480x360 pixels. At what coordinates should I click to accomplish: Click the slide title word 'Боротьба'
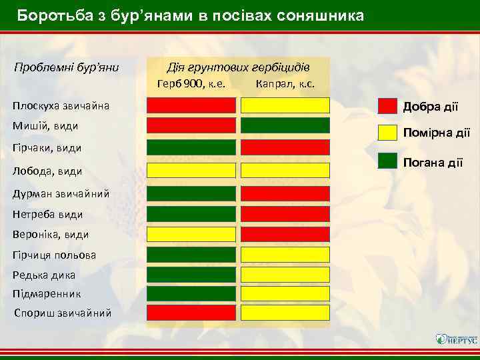pyautogui.click(x=49, y=15)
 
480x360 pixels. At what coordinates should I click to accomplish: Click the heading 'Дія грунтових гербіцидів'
pyautogui.click(x=238, y=67)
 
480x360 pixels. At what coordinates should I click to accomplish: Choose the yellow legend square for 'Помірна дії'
pyautogui.click(x=387, y=133)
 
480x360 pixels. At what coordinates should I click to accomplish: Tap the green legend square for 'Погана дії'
pyautogui.click(x=387, y=160)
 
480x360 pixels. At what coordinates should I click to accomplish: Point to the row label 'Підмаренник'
pyautogui.click(x=47, y=293)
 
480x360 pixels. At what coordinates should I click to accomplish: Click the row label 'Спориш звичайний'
pyautogui.click(x=63, y=313)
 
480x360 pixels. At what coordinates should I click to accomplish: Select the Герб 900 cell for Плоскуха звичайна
pyautogui.click(x=191, y=105)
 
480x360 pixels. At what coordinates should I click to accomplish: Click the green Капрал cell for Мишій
pyautogui.click(x=285, y=125)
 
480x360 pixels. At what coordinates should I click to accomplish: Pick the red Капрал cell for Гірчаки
pyautogui.click(x=285, y=147)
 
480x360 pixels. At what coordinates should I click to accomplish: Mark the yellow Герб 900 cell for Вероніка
pyautogui.click(x=191, y=234)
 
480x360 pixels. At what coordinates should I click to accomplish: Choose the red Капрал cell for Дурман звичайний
pyautogui.click(x=285, y=193)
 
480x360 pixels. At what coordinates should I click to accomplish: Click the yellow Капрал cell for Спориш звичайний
pyautogui.click(x=285, y=313)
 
